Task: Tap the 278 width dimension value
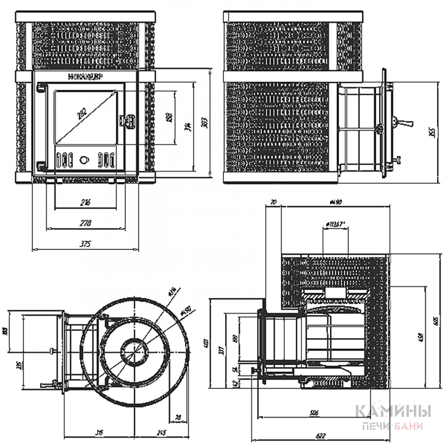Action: [x=85, y=224]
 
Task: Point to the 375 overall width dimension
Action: [x=86, y=244]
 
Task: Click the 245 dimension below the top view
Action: [x=161, y=433]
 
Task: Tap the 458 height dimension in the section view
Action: [x=421, y=337]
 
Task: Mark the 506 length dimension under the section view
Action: [x=313, y=412]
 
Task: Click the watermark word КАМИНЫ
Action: [x=392, y=411]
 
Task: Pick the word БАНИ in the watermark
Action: [x=412, y=425]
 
